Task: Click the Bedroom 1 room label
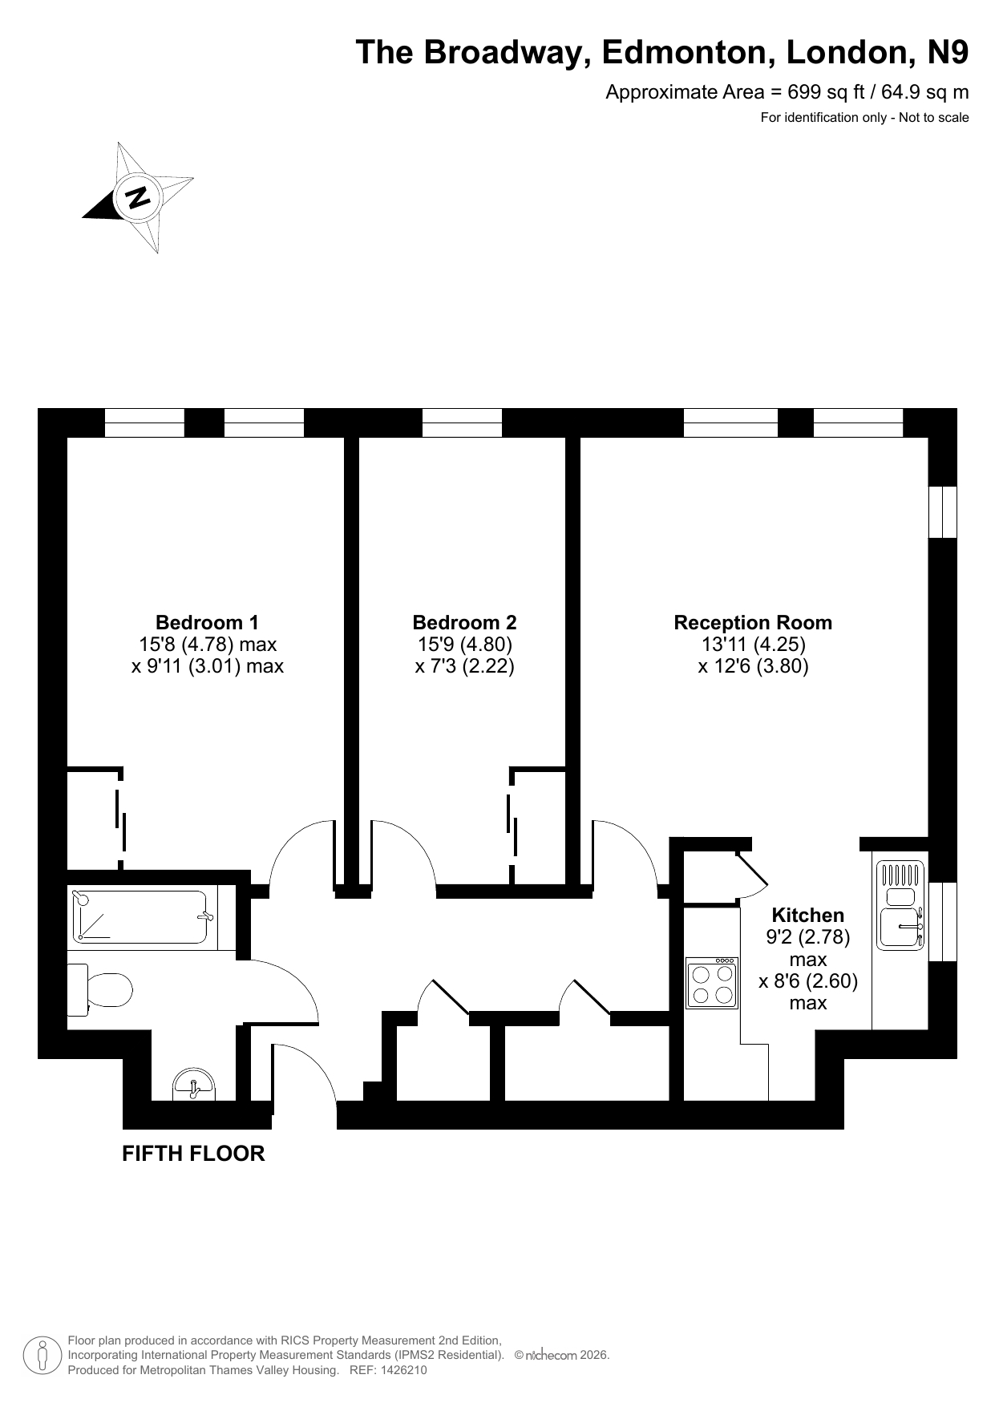(x=207, y=622)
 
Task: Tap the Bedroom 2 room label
(x=464, y=622)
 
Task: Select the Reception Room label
(x=753, y=622)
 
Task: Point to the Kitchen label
(x=807, y=915)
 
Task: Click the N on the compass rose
(x=138, y=196)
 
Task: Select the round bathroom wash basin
(x=194, y=1084)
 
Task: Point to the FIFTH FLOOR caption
(x=193, y=1154)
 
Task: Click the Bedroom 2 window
(x=462, y=423)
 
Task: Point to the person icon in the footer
(x=43, y=1356)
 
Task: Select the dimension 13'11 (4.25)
(x=753, y=644)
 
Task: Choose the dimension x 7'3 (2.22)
(x=464, y=665)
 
